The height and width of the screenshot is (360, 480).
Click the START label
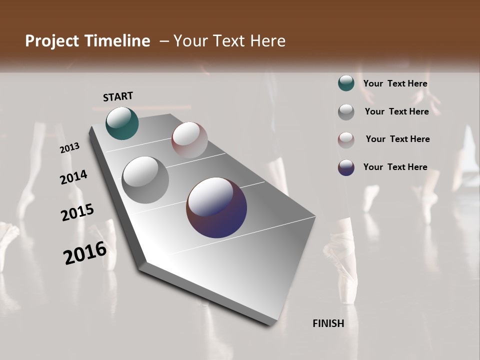click(x=118, y=96)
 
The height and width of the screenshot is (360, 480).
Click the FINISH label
click(x=328, y=323)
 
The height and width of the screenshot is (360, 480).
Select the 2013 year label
click(x=70, y=148)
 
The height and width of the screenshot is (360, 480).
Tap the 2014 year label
click(x=74, y=177)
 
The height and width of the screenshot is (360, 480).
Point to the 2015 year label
click(x=77, y=212)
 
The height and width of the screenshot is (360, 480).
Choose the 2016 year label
click(x=85, y=252)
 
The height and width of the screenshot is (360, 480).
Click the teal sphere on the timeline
click(x=122, y=123)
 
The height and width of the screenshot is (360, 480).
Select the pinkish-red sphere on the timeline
click(x=189, y=140)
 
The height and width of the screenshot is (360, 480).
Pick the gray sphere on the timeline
click(x=145, y=180)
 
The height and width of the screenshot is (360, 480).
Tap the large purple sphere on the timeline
click(x=216, y=207)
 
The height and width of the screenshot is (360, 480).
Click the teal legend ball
click(x=346, y=83)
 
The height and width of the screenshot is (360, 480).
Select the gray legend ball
click(x=346, y=111)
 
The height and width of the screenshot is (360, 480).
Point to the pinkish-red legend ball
click(x=346, y=139)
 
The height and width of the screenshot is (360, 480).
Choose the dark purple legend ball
click(x=346, y=167)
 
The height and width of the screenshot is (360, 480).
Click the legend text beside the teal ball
click(x=395, y=83)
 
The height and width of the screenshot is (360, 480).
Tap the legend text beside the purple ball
click(x=395, y=167)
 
